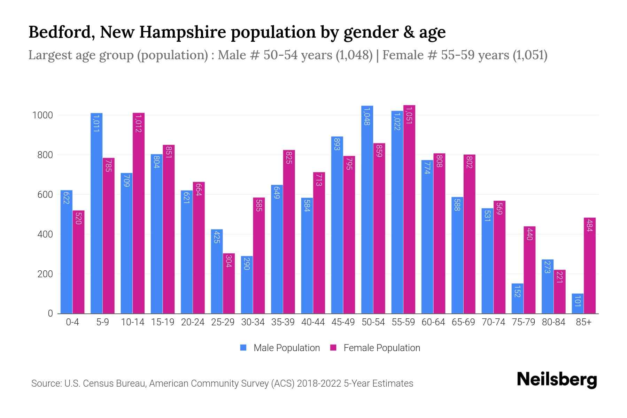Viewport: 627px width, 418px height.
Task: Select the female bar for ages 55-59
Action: coord(409,209)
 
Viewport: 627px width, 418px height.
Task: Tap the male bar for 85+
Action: coord(578,303)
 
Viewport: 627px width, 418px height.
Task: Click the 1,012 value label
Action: coord(138,124)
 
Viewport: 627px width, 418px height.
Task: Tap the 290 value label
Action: coord(247,263)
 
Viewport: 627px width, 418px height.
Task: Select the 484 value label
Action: coord(589,225)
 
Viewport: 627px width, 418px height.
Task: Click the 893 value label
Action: coord(337,144)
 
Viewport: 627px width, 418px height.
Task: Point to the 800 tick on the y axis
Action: coord(45,155)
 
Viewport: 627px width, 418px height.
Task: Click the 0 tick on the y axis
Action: coord(50,313)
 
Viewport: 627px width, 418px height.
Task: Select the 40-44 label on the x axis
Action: coord(313,322)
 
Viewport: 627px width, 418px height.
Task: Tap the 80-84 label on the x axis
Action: coord(554,322)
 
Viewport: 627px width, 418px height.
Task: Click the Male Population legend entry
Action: coord(280,348)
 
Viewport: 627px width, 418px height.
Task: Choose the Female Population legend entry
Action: coord(376,348)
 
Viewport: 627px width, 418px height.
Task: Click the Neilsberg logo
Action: coord(557,380)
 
